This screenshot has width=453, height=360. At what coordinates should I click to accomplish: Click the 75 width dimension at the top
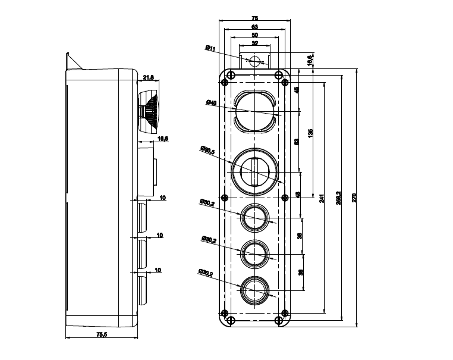click(255, 18)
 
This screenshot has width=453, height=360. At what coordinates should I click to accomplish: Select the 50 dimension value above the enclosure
click(255, 35)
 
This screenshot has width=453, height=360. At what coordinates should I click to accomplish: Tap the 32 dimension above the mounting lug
click(255, 43)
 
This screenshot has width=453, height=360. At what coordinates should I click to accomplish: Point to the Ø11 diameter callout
click(210, 49)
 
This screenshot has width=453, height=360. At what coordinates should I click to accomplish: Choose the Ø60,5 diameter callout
click(207, 151)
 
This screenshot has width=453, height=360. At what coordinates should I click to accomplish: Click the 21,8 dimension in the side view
click(149, 77)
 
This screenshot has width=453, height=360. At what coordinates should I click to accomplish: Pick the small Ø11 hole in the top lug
click(255, 61)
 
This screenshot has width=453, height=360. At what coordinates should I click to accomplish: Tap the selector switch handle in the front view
click(255, 173)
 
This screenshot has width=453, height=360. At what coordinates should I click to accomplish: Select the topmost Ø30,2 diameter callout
click(207, 203)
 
